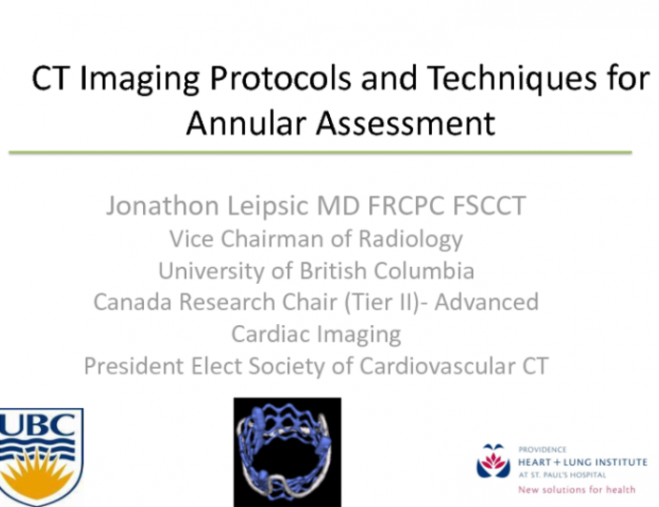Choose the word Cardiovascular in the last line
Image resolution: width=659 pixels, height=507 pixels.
(x=451, y=365)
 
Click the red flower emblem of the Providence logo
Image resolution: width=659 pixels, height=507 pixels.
(x=493, y=460)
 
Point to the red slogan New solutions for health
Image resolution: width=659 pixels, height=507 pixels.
(x=564, y=488)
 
